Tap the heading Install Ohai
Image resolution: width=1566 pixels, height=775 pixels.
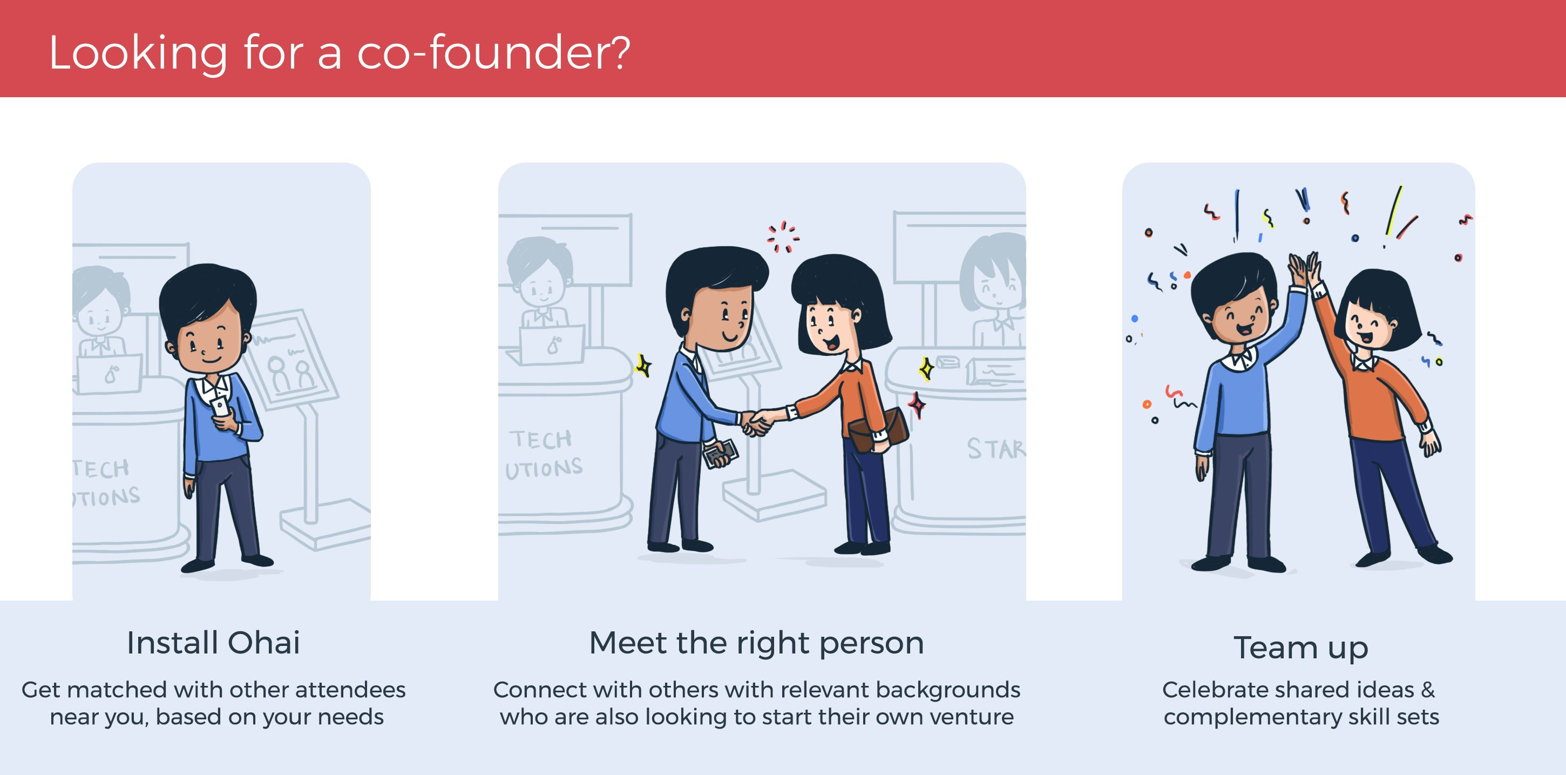click(x=213, y=643)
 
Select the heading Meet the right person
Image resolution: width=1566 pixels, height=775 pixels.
click(x=756, y=643)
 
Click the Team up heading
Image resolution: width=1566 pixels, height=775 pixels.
click(x=1301, y=647)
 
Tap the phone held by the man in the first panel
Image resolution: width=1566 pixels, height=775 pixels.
click(x=220, y=406)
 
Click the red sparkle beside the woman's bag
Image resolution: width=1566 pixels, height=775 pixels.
click(x=917, y=405)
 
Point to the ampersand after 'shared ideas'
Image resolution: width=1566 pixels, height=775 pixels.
click(x=1428, y=690)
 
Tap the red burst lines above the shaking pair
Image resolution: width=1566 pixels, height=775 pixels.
click(x=782, y=237)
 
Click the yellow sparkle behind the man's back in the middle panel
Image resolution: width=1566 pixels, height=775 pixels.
click(x=643, y=366)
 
